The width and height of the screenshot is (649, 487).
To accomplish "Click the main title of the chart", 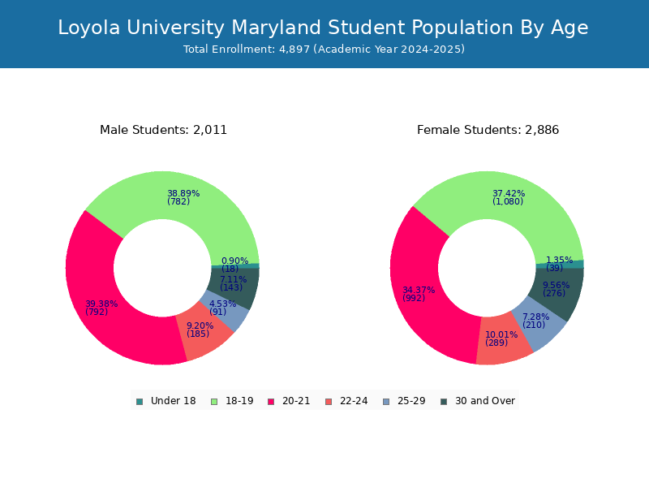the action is (x=323, y=28).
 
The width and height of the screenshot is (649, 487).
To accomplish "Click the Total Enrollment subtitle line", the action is (x=324, y=50).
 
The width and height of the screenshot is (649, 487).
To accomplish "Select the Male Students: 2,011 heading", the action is (x=164, y=130).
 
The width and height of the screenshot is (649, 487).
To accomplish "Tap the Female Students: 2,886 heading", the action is (x=488, y=130).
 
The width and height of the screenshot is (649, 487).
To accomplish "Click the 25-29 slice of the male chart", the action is (x=225, y=311).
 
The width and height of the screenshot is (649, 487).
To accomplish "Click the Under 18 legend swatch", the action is (x=140, y=402).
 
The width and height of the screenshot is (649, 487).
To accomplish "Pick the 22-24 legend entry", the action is (x=347, y=401).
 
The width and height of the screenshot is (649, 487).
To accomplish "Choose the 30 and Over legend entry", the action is (x=478, y=401).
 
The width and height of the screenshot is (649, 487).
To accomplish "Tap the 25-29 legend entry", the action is (x=404, y=401).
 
